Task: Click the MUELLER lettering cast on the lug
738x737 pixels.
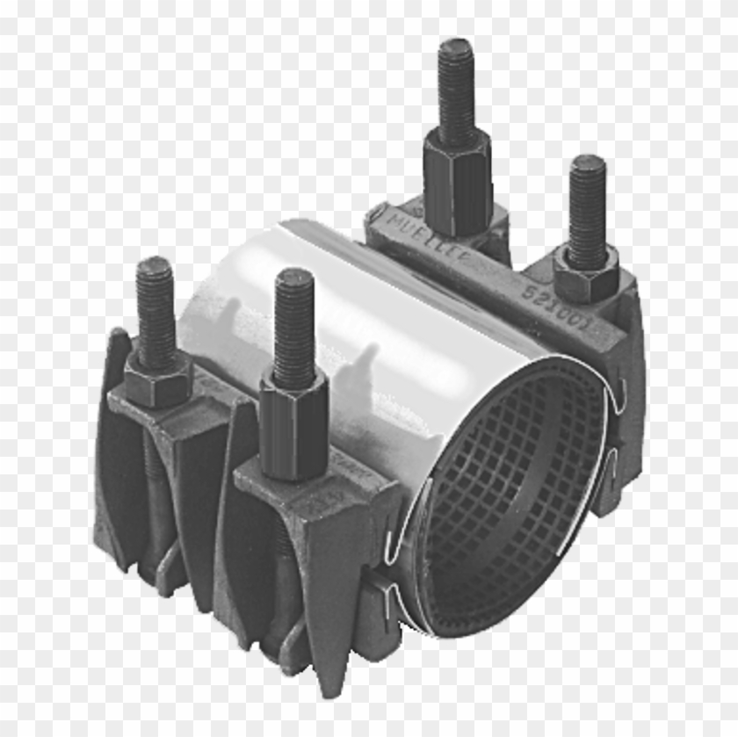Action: pos(430,237)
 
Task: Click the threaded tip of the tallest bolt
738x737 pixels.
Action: pos(455,53)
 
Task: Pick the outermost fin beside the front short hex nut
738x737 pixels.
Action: pos(110,439)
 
